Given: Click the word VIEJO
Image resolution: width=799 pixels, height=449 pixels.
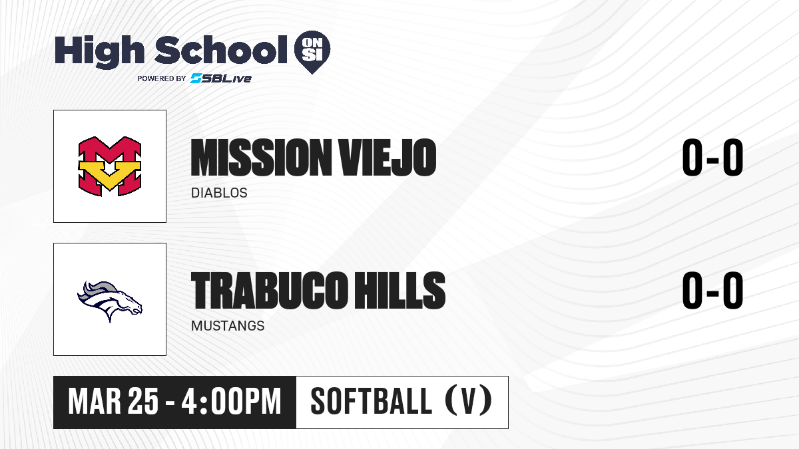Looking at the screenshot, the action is point(388,158).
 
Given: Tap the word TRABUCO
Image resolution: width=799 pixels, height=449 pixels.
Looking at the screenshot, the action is point(270,291).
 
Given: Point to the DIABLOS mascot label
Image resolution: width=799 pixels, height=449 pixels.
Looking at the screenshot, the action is point(219,193).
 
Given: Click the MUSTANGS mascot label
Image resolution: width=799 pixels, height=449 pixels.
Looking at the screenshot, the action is point(228,326).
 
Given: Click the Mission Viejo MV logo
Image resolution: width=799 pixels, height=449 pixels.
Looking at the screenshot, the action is point(110,166).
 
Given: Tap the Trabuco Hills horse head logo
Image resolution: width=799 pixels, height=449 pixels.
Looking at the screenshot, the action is point(110,301).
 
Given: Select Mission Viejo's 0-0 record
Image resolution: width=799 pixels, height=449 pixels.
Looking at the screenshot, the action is point(712,158).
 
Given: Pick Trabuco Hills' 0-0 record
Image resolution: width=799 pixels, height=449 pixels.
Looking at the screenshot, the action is point(712,291).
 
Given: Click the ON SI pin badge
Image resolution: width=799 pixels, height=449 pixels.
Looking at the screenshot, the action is point(312,52).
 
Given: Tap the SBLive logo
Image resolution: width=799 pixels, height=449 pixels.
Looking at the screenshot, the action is point(221,78).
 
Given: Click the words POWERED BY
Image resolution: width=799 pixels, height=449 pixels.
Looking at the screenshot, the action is point(162,78).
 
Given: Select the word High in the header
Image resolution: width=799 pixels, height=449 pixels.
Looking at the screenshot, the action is point(100,52).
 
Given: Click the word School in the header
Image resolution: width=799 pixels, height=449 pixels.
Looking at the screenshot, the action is point(221,50).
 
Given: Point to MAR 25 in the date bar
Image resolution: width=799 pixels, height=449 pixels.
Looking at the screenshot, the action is point(113,402).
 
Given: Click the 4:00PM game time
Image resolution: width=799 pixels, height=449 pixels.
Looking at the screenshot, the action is point(232,402).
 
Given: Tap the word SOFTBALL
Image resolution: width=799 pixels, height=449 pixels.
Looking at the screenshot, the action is point(372,402).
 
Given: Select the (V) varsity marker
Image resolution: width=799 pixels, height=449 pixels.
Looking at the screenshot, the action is point(468,402).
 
